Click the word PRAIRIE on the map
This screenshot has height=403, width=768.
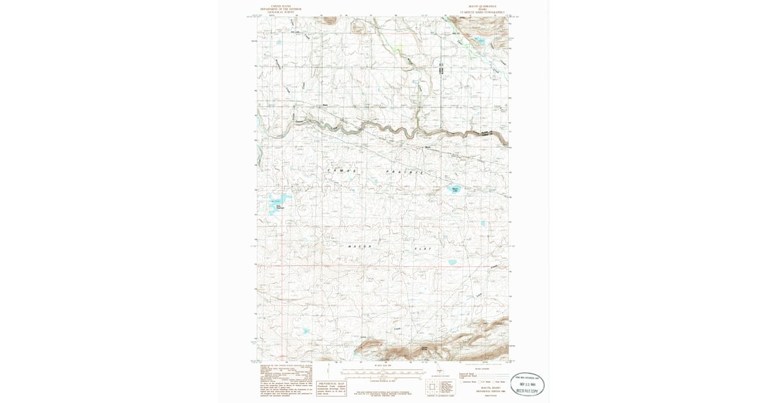coord(404,173)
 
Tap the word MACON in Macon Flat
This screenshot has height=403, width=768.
coord(360,246)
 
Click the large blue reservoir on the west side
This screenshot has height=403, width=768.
coord(276,204)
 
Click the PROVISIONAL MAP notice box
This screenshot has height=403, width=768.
coord(332,387)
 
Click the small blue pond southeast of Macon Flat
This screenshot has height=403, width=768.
coord(452,262)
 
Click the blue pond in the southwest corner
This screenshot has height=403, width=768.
coord(306,331)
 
